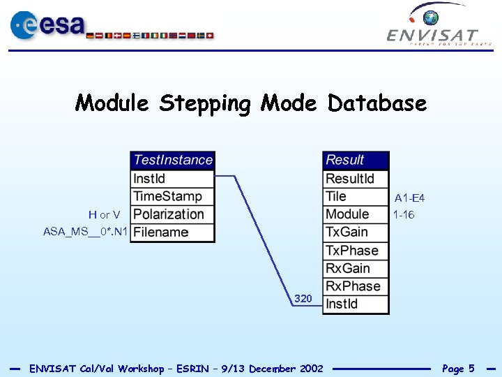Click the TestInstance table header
(172, 161)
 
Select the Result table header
(356, 161)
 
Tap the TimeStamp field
(172, 197)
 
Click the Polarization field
(172, 214)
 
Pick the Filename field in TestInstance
(172, 232)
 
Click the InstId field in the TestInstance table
(172, 179)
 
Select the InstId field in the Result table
(356, 304)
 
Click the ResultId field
(356, 179)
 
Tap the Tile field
(356, 197)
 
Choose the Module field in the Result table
(356, 214)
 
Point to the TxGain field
(356, 232)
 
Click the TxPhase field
(356, 251)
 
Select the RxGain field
(356, 269)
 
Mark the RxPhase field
(356, 286)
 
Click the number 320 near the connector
(303, 299)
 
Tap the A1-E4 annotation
(409, 198)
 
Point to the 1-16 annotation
(404, 215)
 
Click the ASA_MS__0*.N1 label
(85, 232)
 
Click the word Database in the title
(377, 103)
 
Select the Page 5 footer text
(458, 369)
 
